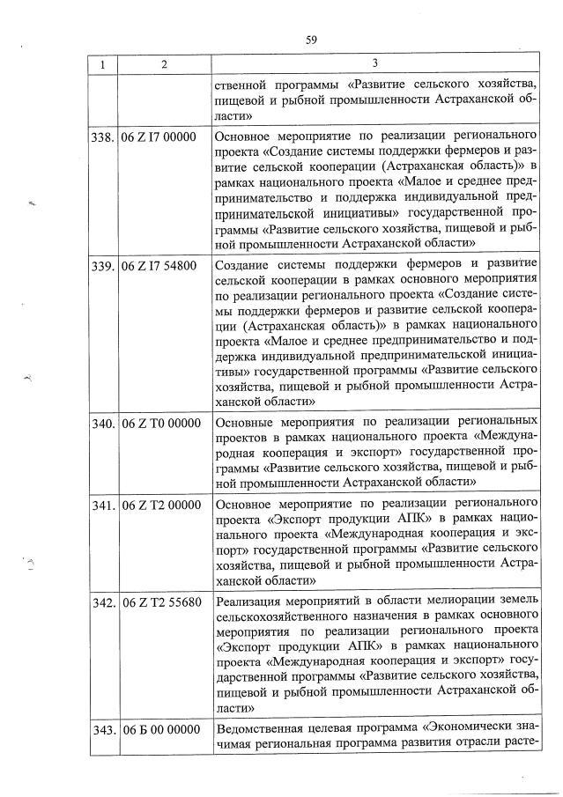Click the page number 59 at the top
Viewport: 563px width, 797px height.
(311, 40)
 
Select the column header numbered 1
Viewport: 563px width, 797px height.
(103, 65)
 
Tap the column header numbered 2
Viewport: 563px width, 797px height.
(164, 65)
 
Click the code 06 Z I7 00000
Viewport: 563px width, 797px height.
(160, 137)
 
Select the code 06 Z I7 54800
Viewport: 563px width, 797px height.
(160, 265)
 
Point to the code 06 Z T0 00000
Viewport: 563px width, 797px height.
(160, 423)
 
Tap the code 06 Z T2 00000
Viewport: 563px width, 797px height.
(160, 506)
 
